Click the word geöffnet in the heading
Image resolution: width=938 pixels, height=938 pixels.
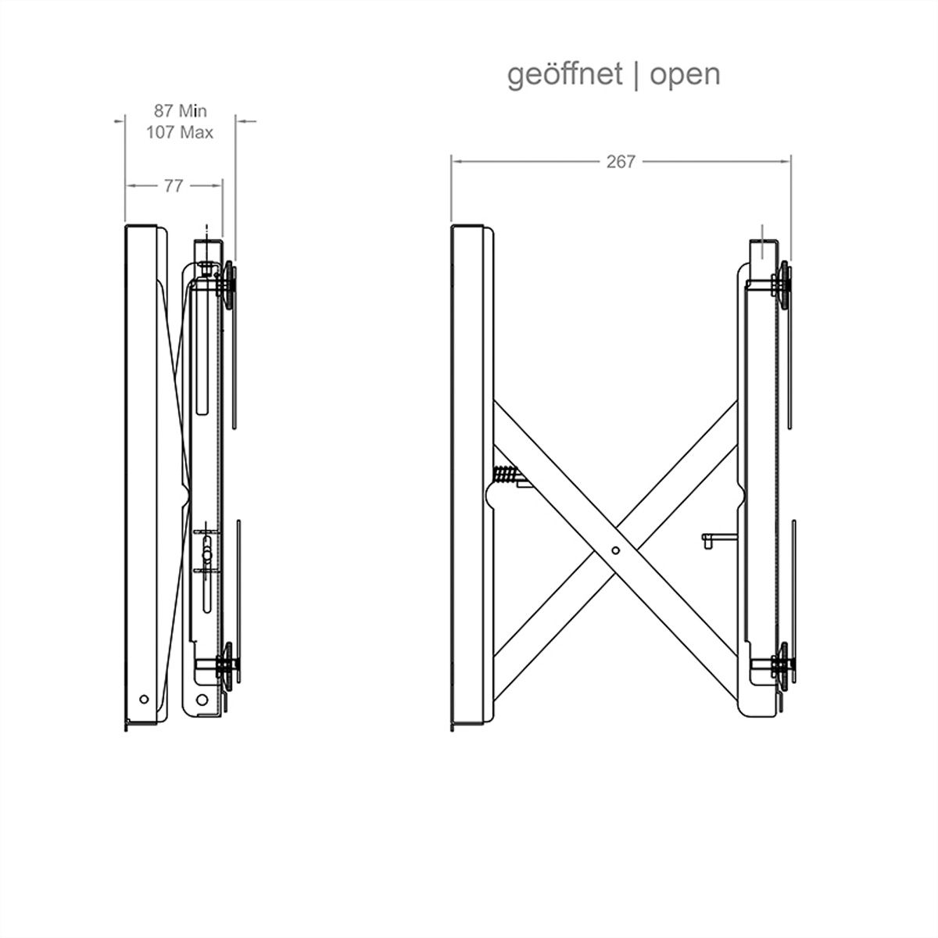(564, 75)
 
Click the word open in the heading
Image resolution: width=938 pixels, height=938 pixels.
(685, 76)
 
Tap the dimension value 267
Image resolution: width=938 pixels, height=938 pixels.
(621, 162)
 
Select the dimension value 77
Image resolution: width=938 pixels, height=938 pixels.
(173, 186)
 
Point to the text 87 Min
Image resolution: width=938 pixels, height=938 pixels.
(180, 111)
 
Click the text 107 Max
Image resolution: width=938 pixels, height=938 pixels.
(180, 132)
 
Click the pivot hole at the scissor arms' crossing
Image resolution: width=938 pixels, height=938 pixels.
(615, 550)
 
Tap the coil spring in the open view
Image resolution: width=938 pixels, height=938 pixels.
(505, 474)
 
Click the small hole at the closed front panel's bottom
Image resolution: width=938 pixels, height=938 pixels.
(144, 699)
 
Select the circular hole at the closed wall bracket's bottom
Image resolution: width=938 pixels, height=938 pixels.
(202, 700)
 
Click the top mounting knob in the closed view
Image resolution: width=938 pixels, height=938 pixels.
(229, 285)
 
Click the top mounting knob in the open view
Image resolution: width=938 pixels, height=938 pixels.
(784, 285)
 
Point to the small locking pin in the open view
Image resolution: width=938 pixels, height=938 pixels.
(719, 539)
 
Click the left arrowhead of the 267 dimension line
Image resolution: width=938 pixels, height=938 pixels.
(456, 162)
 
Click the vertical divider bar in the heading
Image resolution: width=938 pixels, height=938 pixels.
(636, 76)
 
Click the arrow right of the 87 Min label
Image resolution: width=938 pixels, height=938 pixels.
(246, 121)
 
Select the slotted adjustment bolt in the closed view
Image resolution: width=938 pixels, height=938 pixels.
(207, 555)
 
